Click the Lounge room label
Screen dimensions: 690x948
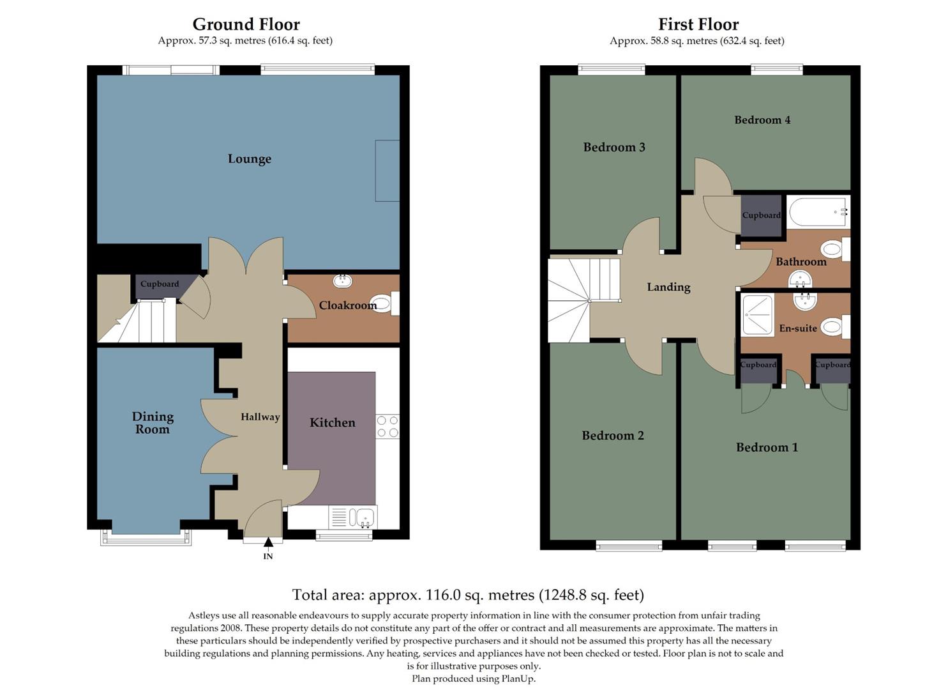click(x=250, y=159)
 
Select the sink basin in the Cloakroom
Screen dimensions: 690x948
click(x=343, y=280)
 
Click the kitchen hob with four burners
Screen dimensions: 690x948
click(x=387, y=426)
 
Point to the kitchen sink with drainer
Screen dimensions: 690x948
click(x=352, y=517)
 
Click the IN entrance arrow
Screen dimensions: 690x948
click(x=268, y=544)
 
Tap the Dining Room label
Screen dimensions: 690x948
click(x=153, y=423)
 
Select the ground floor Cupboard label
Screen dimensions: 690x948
click(x=160, y=284)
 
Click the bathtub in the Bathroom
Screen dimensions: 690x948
click(x=817, y=211)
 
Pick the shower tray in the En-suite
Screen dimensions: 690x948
click(x=758, y=315)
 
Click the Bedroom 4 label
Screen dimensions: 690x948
click(x=762, y=120)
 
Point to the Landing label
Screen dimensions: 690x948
click(x=668, y=287)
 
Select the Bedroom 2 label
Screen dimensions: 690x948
click(x=613, y=436)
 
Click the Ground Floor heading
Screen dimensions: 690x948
click(x=246, y=24)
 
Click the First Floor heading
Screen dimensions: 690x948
click(x=698, y=24)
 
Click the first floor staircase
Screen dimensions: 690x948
click(x=578, y=298)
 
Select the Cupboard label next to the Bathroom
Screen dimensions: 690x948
click(x=761, y=215)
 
